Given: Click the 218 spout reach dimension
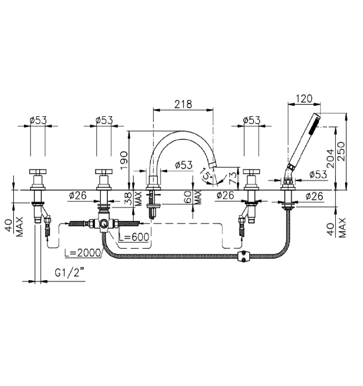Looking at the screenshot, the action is click(183, 104).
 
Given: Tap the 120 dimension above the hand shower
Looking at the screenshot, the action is click(304, 99).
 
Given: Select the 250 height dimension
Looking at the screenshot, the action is click(341, 152).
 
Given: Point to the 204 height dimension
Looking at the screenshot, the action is click(330, 159).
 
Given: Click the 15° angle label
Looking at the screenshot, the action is click(206, 174).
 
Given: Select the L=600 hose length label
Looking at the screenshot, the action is click(134, 237).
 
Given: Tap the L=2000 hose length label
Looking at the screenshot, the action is click(83, 253).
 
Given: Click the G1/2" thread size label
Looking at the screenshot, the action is click(69, 272).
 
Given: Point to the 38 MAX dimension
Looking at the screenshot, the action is click(133, 198).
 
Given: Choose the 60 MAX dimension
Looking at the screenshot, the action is click(193, 197).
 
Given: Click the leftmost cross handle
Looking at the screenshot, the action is click(38, 171).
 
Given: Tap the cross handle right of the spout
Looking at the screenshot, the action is click(251, 171).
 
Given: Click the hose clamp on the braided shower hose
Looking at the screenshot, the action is click(244, 257).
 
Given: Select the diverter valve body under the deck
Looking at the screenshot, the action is click(104, 223).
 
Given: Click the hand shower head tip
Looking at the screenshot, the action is click(317, 116).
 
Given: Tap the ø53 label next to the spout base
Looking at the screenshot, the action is click(184, 165).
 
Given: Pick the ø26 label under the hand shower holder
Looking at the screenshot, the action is click(314, 196).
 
